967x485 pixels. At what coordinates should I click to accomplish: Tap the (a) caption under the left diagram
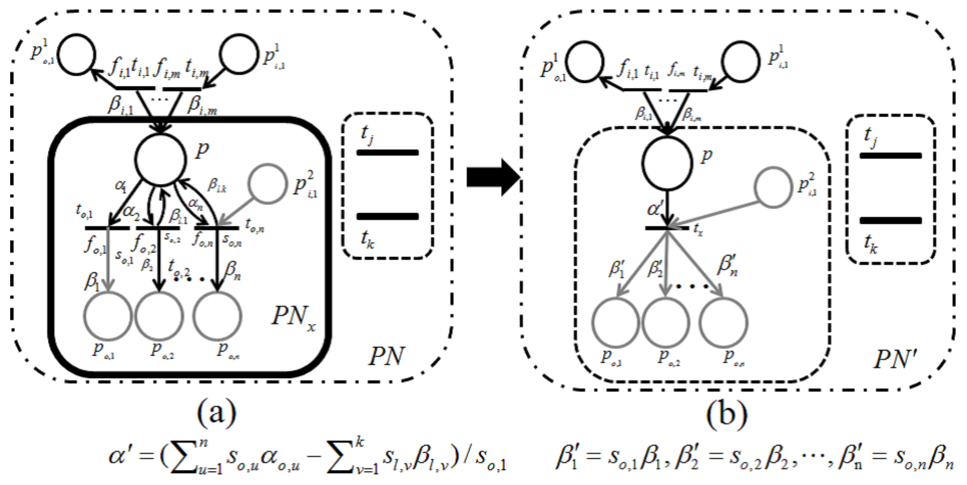click(217, 414)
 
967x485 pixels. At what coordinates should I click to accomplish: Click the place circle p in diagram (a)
click(161, 159)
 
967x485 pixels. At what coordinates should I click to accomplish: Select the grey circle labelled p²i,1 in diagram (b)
click(773, 187)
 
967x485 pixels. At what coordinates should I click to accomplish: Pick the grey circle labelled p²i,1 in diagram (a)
click(267, 184)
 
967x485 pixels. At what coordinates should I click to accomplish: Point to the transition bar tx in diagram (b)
click(667, 228)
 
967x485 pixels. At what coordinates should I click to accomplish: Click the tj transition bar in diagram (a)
click(387, 153)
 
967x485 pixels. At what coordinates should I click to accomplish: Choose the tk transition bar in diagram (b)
click(890, 221)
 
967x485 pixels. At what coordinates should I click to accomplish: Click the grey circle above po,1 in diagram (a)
click(108, 315)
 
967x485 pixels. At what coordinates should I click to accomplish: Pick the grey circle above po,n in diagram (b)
click(723, 322)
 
